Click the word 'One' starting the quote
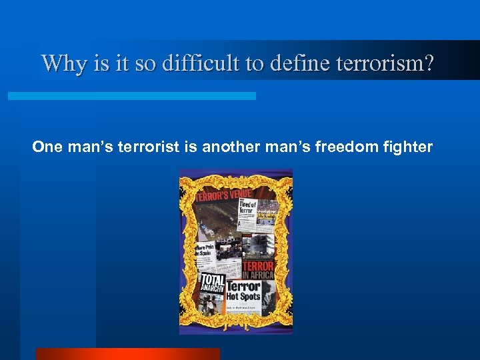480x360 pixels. point(46,147)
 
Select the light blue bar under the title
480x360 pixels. point(131,96)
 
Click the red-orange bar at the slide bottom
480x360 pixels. point(127,353)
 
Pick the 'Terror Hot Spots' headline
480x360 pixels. point(243,290)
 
